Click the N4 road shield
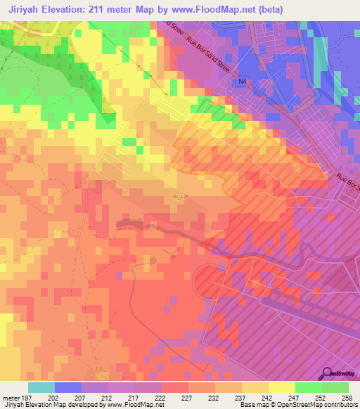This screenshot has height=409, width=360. pyautogui.click(x=243, y=82)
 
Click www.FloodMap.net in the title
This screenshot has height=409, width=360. pyautogui.click(x=214, y=10)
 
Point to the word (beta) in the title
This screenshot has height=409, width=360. pyautogui.click(x=267, y=10)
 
